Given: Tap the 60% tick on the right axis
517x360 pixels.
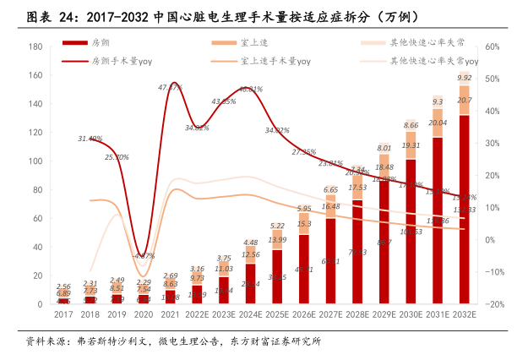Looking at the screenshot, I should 493,47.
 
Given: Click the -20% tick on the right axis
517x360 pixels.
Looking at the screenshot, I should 493,303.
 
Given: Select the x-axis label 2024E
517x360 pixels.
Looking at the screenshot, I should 250,314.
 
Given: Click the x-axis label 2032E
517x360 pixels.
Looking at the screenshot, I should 464,314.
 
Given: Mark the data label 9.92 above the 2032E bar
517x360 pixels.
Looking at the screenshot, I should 464,78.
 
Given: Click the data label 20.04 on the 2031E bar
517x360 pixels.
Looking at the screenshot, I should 437,123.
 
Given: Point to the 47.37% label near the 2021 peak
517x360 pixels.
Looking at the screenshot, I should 171,87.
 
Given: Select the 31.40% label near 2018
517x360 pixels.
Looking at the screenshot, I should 90,139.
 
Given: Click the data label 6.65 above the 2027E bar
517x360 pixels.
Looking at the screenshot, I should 330,190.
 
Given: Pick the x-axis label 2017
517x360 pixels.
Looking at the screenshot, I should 64,314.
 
